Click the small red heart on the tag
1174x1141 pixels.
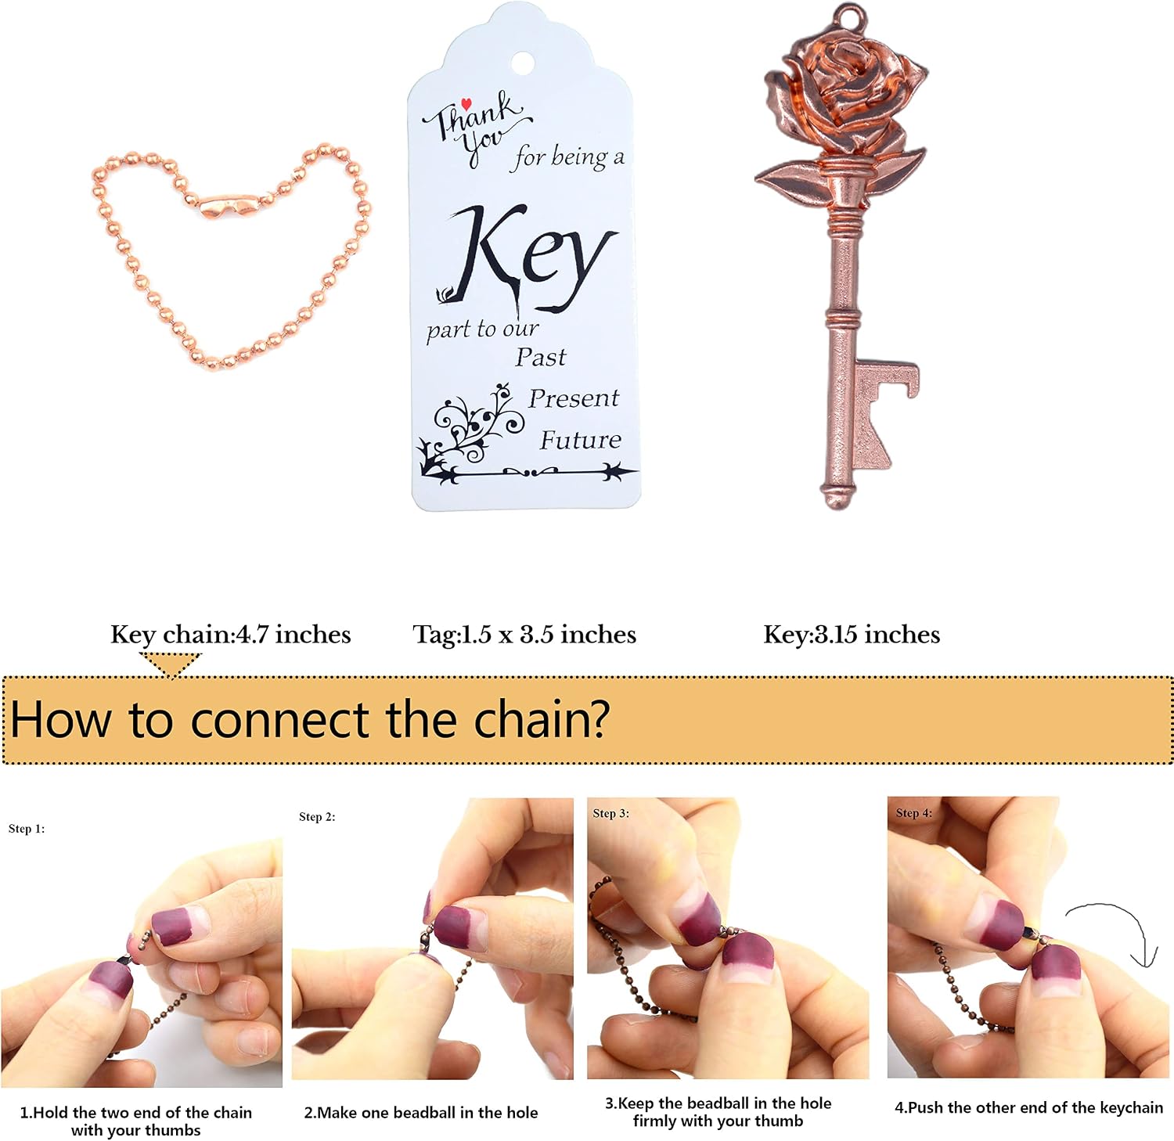pyautogui.click(x=466, y=103)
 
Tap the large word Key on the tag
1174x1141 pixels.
pyautogui.click(x=527, y=258)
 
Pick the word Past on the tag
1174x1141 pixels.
pyautogui.click(x=540, y=358)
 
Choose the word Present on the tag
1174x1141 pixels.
pyautogui.click(x=574, y=398)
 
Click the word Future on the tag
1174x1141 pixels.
pyautogui.click(x=581, y=440)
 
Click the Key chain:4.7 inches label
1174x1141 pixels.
pyautogui.click(x=231, y=635)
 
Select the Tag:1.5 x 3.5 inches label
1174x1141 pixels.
pyautogui.click(x=524, y=635)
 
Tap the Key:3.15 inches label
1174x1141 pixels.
pyautogui.click(x=852, y=635)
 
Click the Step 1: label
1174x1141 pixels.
pyautogui.click(x=27, y=829)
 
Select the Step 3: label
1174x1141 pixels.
pyautogui.click(x=610, y=813)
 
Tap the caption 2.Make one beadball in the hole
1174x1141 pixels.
pyautogui.click(x=421, y=1112)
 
